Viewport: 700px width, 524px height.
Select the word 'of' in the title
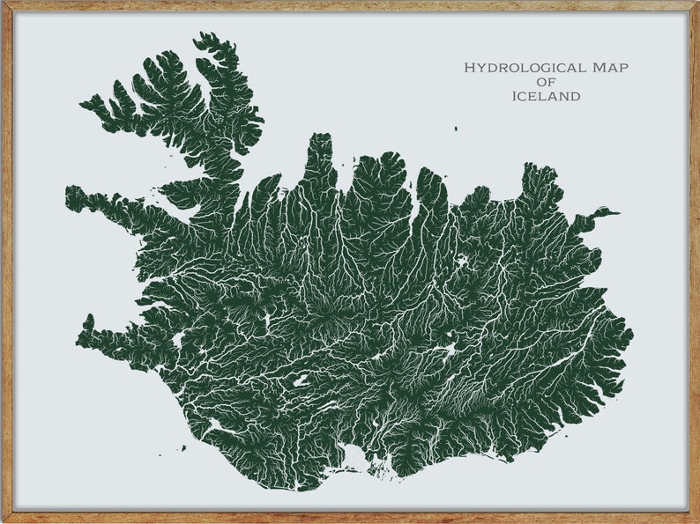point(546,82)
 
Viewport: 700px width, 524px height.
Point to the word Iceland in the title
point(546,96)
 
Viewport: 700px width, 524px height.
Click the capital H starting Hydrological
point(470,67)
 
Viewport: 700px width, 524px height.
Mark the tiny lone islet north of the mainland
point(456,129)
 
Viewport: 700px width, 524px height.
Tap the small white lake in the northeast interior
point(461,262)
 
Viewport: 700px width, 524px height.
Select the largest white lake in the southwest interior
point(301,381)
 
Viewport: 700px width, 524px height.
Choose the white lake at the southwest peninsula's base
point(180,339)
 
